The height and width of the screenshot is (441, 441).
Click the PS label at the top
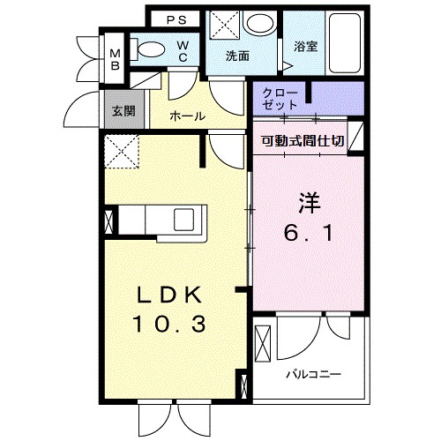coord(176,20)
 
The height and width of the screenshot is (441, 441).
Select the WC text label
coord(183,51)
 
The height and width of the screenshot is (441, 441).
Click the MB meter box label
coord(115,60)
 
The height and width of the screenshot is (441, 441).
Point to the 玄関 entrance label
coord(123,111)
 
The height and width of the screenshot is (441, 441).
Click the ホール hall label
coord(187,116)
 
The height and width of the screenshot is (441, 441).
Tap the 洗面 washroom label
coord(237,56)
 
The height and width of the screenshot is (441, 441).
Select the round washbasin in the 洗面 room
coord(261,24)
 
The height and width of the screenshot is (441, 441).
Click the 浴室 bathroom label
coord(305,47)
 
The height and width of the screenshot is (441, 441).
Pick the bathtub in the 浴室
coord(345,43)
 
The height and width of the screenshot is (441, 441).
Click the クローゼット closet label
coord(280,99)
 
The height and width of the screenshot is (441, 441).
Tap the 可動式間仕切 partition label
coord(303,141)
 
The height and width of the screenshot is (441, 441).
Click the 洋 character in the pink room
coord(309,203)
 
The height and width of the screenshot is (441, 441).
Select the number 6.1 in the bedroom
coord(309,234)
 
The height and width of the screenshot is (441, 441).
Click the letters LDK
coord(169,295)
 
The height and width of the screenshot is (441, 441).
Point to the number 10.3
coord(169,324)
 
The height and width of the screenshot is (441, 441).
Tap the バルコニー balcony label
coord(314,375)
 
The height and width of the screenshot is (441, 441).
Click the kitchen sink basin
coord(183,220)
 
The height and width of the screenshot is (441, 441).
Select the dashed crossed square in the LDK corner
coord(122,152)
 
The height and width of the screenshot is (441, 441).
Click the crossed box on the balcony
coord(263,343)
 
